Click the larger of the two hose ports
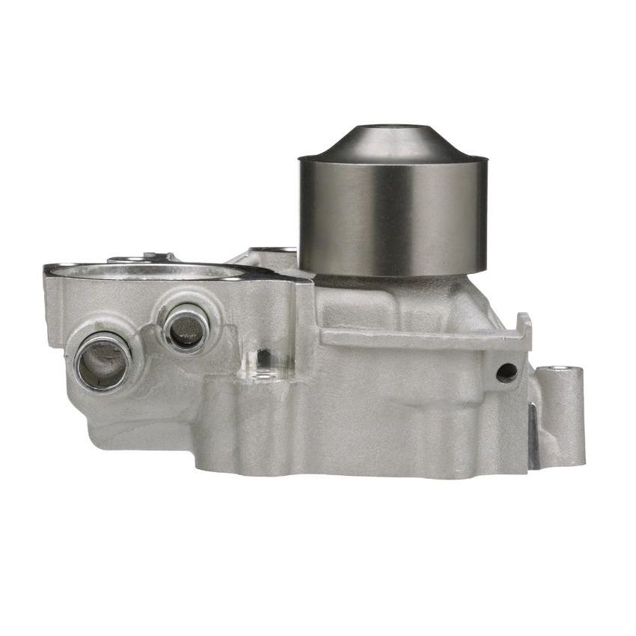pyautogui.click(x=103, y=361)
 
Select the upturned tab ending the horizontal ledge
pyautogui.click(x=525, y=329)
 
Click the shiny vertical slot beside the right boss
pyautogui.click(x=533, y=434)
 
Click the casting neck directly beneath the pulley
pyautogui.click(x=389, y=296)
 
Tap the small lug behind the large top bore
pyautogui.click(x=142, y=257)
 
